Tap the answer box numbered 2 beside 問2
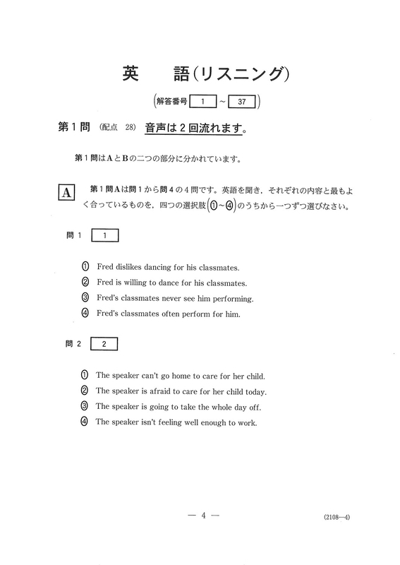(x=104, y=345)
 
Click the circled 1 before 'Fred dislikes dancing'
(x=85, y=267)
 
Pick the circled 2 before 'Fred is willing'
(x=85, y=282)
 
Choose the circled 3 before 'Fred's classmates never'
(x=85, y=298)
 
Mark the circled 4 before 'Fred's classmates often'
(x=85, y=314)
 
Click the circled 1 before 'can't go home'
(x=85, y=376)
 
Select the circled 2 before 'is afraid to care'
(x=85, y=391)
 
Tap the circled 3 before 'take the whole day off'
(x=85, y=406)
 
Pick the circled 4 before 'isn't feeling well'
(x=85, y=422)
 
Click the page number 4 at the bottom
(x=202, y=516)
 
